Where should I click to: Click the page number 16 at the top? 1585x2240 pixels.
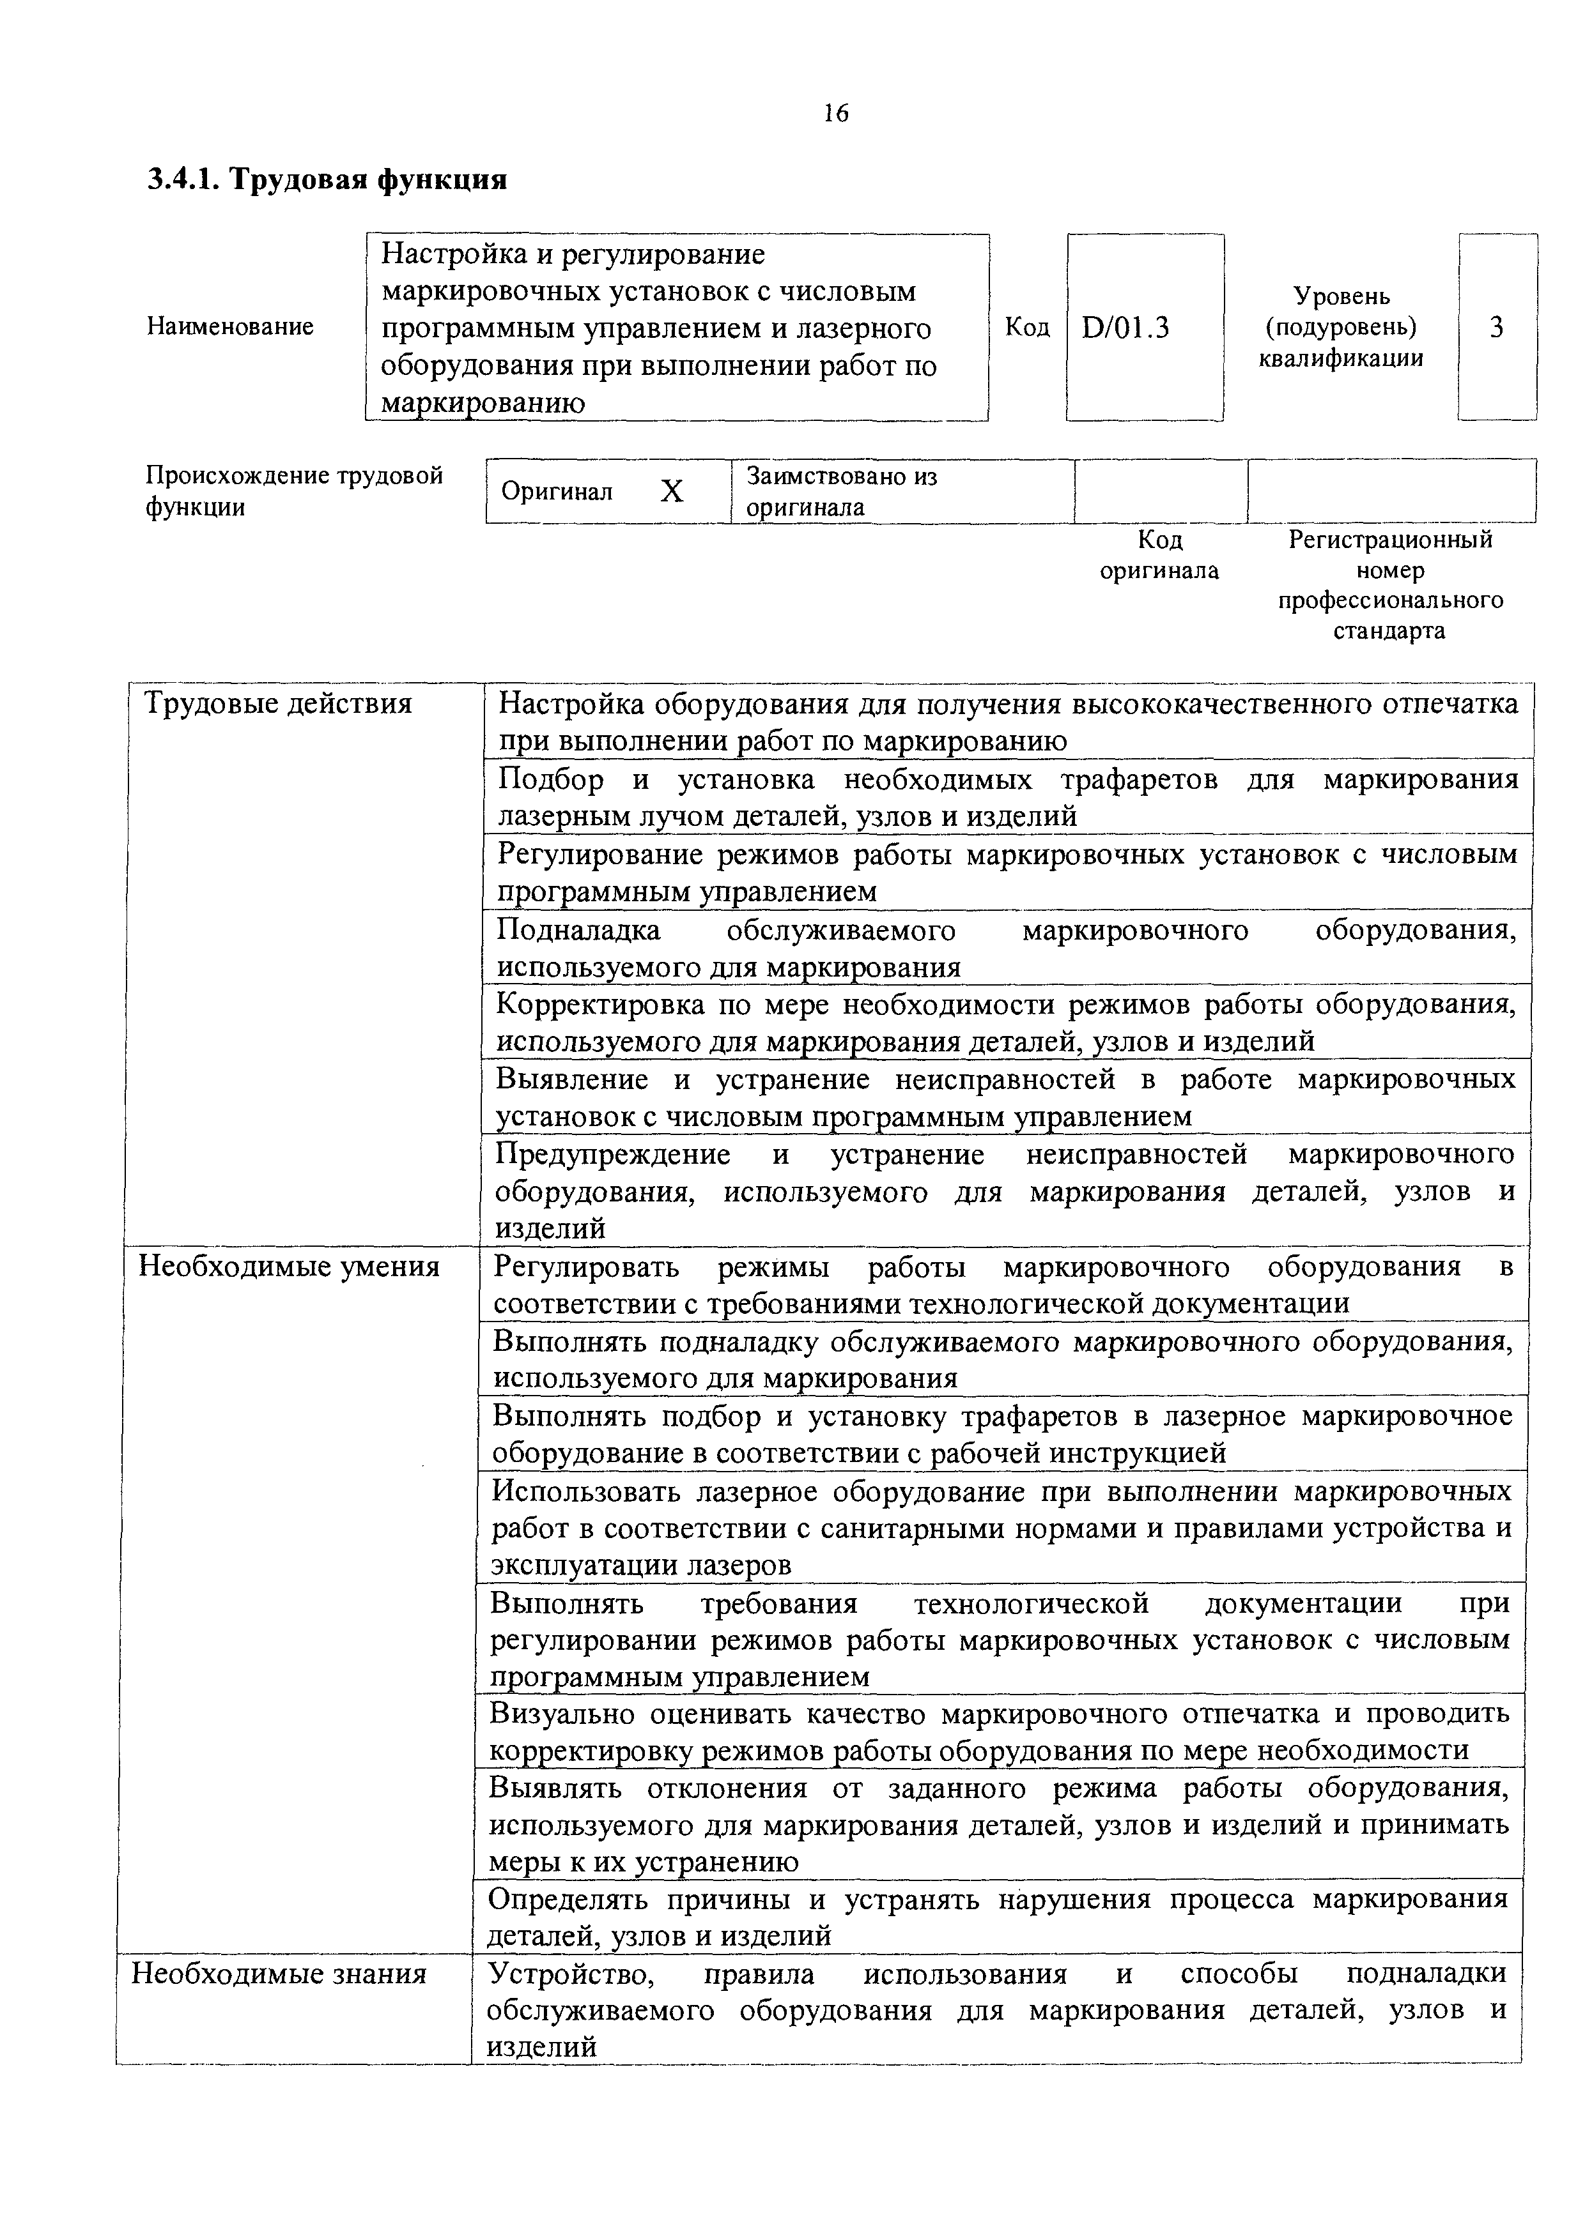(x=835, y=113)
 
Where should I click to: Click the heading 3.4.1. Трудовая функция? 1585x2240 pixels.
(x=327, y=179)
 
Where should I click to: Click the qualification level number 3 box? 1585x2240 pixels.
(x=1496, y=328)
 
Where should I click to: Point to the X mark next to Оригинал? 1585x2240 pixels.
(x=672, y=492)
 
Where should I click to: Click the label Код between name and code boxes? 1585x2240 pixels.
(x=1027, y=327)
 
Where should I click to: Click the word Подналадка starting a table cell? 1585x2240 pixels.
(x=579, y=930)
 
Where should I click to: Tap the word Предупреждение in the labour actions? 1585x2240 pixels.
(x=613, y=1154)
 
